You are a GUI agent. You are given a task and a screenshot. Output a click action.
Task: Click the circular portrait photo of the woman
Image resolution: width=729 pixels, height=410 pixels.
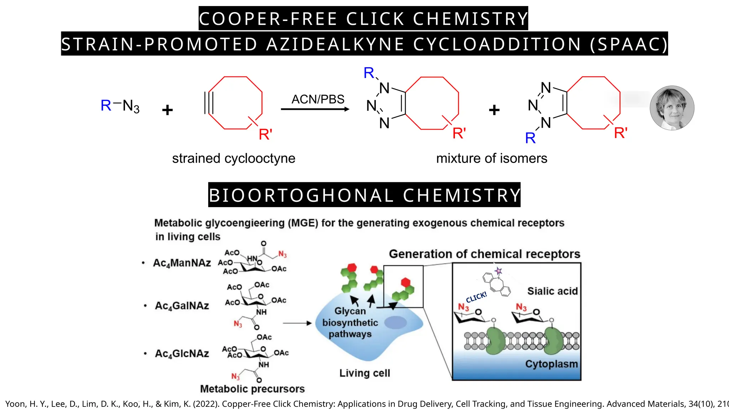coord(672,108)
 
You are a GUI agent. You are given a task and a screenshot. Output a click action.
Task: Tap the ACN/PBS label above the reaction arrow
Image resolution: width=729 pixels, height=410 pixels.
coord(318,99)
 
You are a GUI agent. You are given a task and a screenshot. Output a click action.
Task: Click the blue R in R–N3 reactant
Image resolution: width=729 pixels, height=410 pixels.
coord(106,105)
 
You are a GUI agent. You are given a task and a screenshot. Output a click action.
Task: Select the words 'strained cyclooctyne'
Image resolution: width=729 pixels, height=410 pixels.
coord(234,158)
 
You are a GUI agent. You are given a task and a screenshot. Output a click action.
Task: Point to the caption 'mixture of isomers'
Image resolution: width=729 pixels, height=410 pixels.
coord(492,158)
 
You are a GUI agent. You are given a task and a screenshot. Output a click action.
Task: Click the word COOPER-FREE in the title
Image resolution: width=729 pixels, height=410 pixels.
coord(268,19)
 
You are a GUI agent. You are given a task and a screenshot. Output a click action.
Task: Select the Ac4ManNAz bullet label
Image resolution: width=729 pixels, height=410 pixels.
coord(182,263)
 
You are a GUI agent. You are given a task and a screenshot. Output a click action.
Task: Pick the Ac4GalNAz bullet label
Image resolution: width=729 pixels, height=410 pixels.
coord(182,306)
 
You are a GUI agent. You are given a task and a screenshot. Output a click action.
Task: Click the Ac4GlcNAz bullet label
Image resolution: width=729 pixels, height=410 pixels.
coord(182,354)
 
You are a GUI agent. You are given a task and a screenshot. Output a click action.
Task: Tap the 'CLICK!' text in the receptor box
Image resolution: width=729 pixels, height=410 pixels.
coord(476,297)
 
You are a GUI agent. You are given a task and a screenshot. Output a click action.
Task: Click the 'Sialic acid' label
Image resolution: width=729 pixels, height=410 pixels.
coord(552,291)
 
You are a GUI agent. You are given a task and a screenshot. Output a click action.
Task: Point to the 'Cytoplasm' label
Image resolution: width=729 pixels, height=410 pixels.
coord(551,364)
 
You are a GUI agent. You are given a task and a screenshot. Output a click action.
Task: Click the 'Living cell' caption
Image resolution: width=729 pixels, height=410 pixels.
coord(364,373)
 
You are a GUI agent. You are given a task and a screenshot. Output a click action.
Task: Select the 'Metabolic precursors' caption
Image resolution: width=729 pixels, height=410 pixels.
coord(252,389)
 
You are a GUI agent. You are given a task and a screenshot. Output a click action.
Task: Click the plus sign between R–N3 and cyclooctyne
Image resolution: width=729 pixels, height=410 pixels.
coord(167,110)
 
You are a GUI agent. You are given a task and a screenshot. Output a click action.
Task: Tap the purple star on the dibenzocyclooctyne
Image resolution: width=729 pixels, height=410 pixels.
coord(498,271)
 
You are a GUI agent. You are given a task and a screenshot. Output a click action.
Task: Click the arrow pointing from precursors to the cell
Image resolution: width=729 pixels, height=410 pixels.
coord(297,323)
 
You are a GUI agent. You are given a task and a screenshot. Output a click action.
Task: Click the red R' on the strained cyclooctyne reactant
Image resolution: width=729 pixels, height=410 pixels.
coord(266,135)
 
